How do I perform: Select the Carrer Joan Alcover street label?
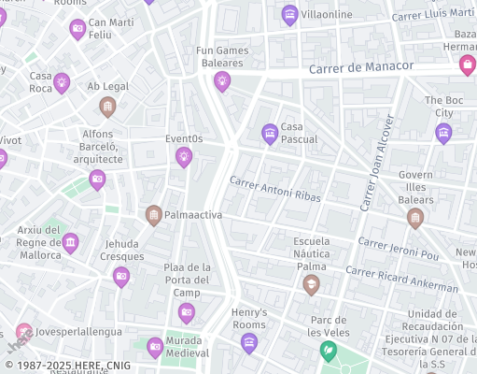[377, 165]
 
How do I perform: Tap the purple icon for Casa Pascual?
[270, 134]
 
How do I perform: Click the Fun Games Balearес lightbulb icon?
[222, 81]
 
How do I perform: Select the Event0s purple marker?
[184, 156]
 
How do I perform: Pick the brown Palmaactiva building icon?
[154, 216]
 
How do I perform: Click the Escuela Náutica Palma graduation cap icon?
[311, 284]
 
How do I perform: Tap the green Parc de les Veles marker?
[329, 352]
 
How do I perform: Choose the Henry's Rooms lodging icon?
[248, 343]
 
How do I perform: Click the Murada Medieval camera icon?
[155, 348]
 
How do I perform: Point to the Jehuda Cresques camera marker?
[121, 276]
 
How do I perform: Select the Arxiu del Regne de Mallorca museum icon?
[70, 244]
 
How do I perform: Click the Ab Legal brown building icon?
[107, 107]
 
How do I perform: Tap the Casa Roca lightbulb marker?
[62, 82]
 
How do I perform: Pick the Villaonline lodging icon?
[289, 15]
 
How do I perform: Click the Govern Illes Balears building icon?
[415, 219]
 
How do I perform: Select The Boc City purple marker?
[443, 133]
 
